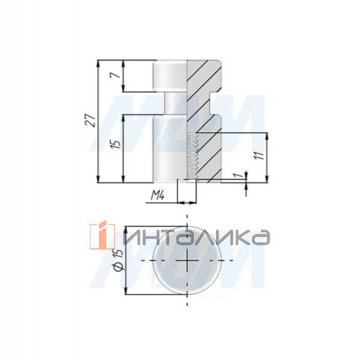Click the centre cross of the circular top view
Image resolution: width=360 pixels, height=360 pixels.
point(188,262)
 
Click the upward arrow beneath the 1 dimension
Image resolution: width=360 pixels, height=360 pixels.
point(246,190)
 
